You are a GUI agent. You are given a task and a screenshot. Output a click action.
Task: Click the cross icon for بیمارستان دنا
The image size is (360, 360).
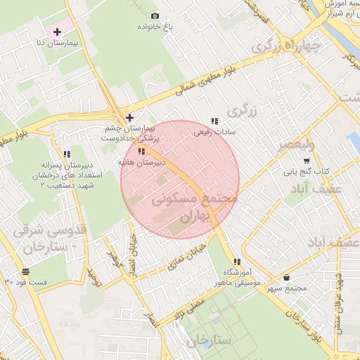pyautogui.click(x=57, y=32)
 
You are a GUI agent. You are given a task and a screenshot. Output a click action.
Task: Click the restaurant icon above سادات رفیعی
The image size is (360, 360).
pyautogui.click(x=214, y=120)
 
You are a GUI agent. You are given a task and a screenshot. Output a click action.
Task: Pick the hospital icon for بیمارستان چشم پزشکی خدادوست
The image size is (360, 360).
pyautogui.click(x=129, y=117)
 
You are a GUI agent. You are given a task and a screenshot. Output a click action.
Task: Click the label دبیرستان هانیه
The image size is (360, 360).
pyautogui.click(x=141, y=162)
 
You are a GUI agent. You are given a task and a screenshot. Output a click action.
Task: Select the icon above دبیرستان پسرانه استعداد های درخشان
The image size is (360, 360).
pyautogui.click(x=67, y=154)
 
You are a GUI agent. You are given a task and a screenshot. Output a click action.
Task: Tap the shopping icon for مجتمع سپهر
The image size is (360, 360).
pyautogui.click(x=287, y=278)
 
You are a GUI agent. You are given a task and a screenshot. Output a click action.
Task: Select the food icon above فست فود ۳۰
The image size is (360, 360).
pyautogui.click(x=26, y=271)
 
